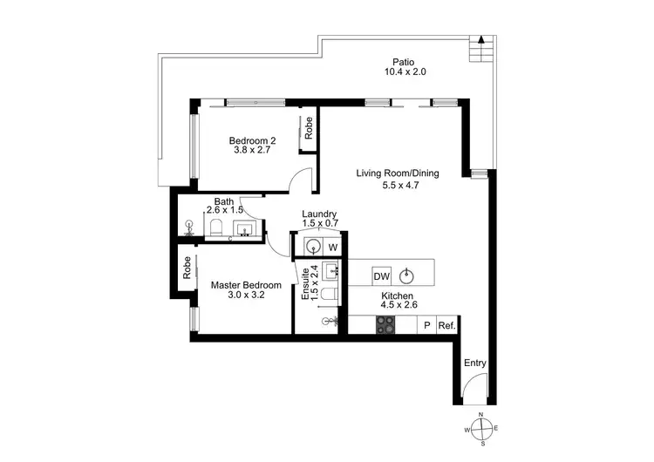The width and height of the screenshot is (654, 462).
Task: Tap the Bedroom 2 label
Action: click(x=252, y=141)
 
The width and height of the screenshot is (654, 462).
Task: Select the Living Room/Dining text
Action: click(x=397, y=173)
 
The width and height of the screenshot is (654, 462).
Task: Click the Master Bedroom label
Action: click(x=246, y=285)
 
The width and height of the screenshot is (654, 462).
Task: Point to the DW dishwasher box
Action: click(x=381, y=276)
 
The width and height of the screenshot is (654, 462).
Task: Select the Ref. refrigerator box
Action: click(x=447, y=325)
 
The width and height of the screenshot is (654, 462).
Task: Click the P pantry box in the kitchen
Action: click(x=427, y=325)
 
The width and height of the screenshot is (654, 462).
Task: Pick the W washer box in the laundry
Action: click(x=333, y=247)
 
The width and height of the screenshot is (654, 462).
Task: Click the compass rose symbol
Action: click(x=480, y=428)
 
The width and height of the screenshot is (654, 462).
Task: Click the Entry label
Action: click(x=475, y=363)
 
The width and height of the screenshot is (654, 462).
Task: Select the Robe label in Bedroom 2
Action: click(x=309, y=128)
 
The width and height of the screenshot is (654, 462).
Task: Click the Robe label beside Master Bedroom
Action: click(x=187, y=268)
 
